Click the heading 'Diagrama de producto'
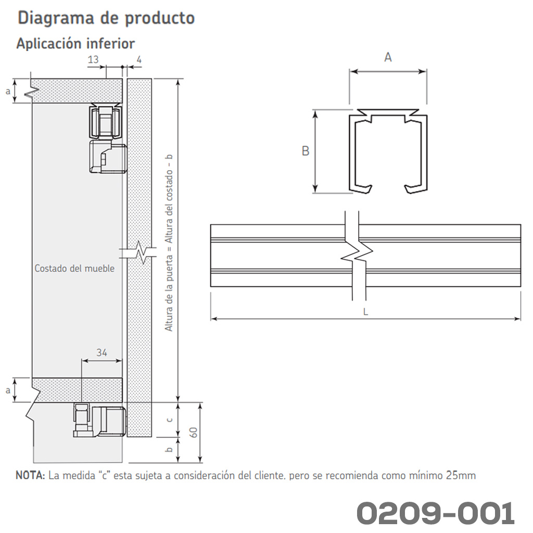(x=106, y=18)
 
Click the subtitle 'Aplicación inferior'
(x=75, y=44)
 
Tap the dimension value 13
(x=93, y=59)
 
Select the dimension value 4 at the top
(x=139, y=59)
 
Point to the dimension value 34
(x=101, y=352)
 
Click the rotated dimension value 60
(x=193, y=433)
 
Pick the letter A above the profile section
(x=388, y=57)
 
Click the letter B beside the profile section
(x=306, y=151)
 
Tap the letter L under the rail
(x=365, y=312)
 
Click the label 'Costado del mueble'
(x=74, y=269)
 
